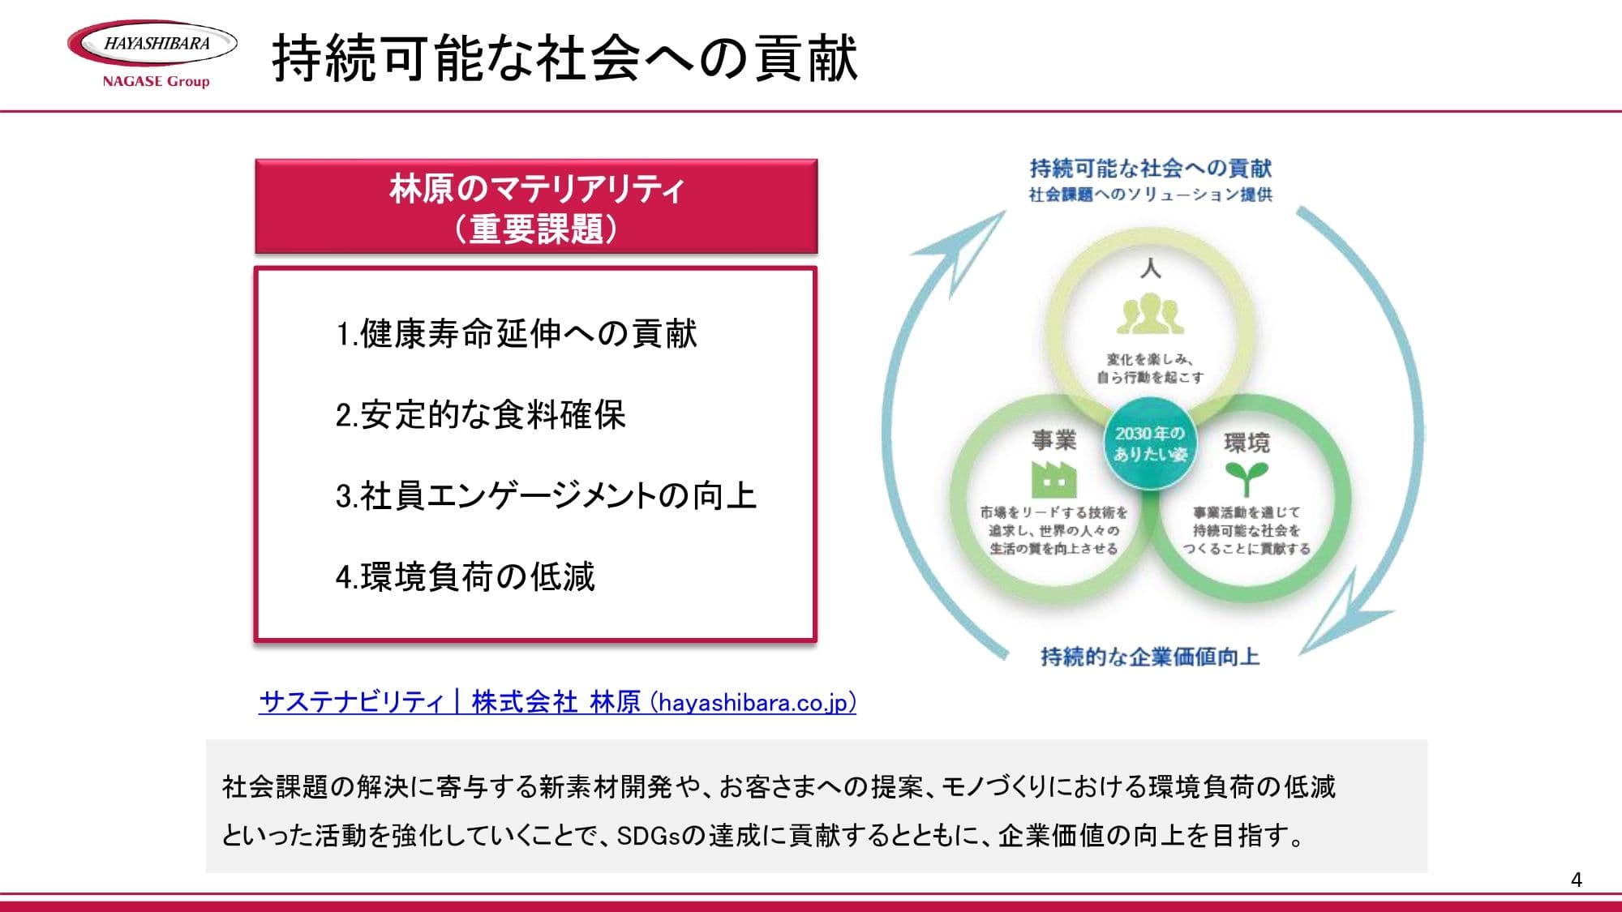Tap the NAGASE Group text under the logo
[156, 81]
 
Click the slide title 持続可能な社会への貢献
[564, 58]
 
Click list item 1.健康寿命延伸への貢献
[517, 334]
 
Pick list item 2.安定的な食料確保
[480, 415]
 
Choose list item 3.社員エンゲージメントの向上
[546, 496]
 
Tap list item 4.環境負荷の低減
[465, 577]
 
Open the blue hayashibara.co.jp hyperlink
[557, 702]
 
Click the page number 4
[1576, 880]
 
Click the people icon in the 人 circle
[1150, 315]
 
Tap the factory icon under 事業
[1053, 479]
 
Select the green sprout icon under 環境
[1247, 479]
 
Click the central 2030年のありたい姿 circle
[1150, 443]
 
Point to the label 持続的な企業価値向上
[1150, 657]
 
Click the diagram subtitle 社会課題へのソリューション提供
[1150, 195]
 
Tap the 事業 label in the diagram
[1053, 440]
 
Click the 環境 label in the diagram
[1247, 443]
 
